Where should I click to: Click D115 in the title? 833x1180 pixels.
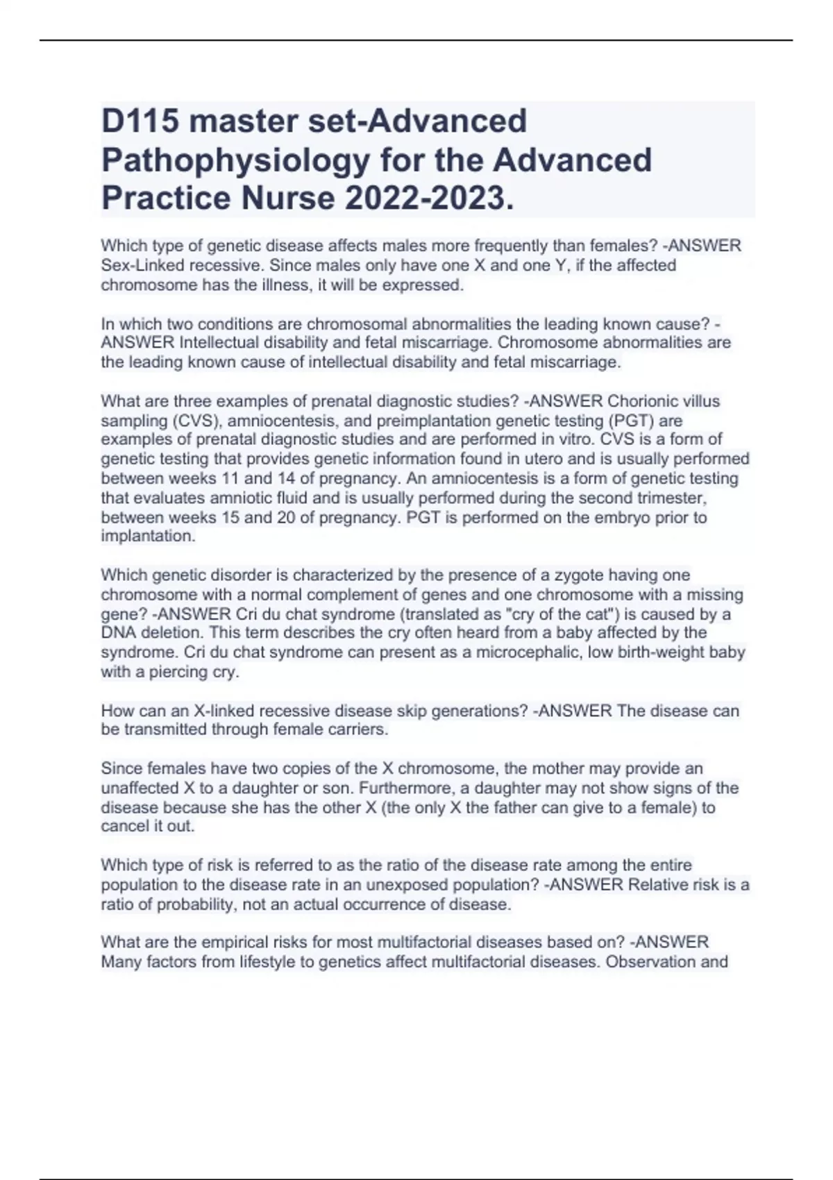[140, 121]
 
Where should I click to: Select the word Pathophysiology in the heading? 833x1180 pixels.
[235, 160]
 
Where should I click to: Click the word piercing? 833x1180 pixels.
[178, 672]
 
